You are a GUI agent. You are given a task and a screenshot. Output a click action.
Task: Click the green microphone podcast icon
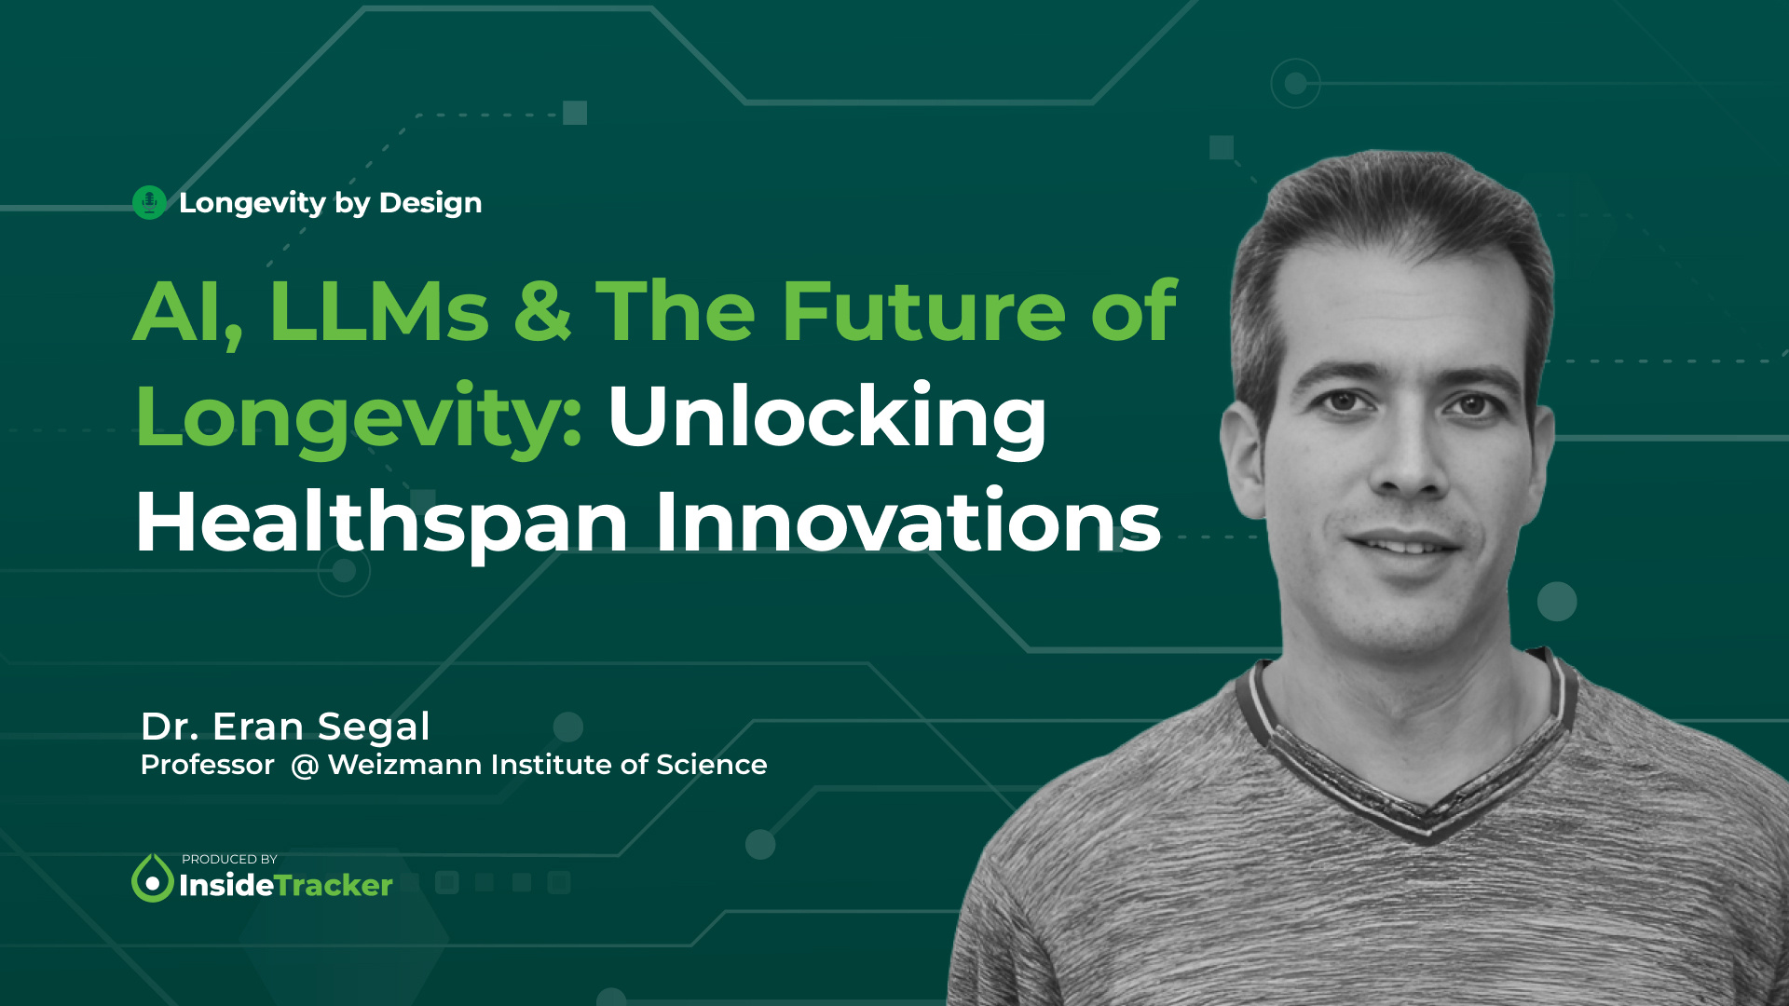149,202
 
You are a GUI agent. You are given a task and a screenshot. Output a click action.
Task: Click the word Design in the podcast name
430,203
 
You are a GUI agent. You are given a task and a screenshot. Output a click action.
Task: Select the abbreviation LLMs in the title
378,312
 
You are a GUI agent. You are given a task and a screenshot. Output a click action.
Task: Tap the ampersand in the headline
541,312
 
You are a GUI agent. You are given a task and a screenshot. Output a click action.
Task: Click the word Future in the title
923,312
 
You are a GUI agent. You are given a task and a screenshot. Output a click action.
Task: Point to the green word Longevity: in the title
360,419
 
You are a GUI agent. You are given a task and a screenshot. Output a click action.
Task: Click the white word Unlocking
827,417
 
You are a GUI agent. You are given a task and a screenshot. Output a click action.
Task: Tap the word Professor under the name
207,765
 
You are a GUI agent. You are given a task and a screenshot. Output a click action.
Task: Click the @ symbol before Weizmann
305,766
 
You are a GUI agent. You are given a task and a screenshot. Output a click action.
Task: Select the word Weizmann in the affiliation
405,765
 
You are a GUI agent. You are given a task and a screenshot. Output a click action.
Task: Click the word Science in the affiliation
711,765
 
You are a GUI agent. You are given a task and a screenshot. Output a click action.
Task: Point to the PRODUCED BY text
229,859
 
